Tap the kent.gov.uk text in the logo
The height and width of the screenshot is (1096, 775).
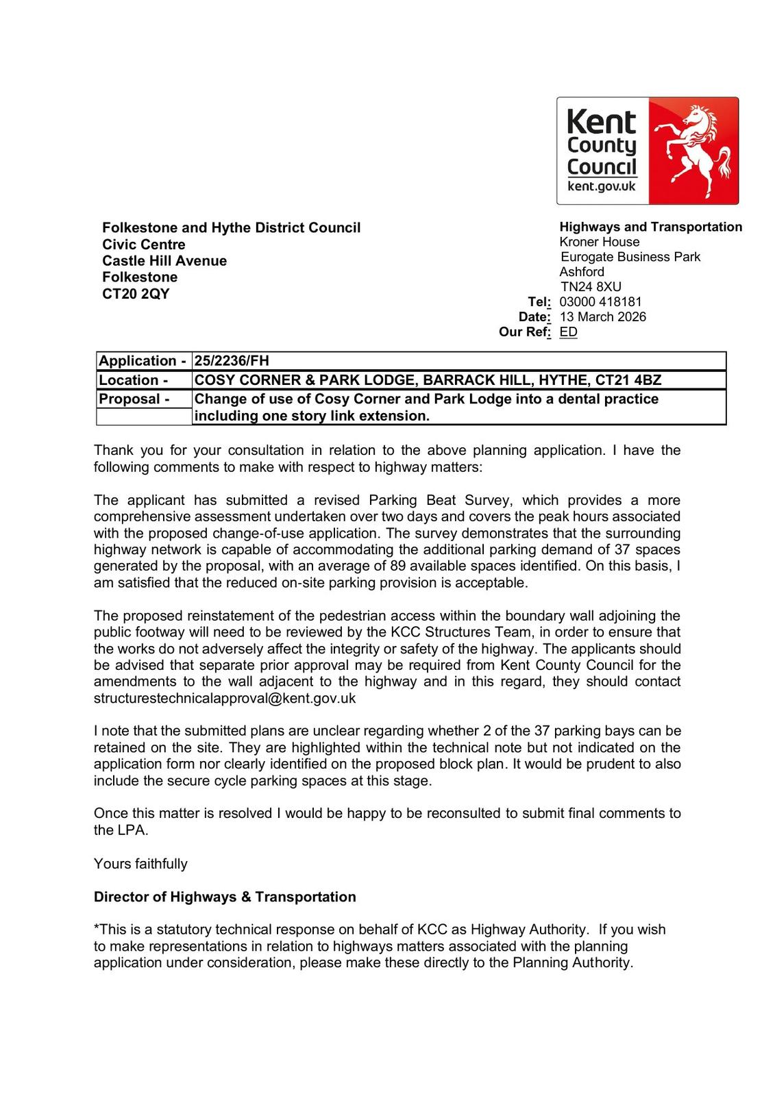coord(602,186)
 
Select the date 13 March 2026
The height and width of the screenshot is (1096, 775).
coord(602,316)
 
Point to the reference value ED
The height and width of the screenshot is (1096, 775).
coord(568,332)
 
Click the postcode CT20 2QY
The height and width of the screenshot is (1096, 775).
coord(136,294)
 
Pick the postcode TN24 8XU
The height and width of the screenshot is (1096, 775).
coord(591,287)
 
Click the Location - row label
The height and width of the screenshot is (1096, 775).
coord(134,380)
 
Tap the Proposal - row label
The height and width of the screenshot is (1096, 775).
coord(134,399)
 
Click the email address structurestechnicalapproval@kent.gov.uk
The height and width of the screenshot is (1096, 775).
coord(225,699)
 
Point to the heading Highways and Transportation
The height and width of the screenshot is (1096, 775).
coord(650,227)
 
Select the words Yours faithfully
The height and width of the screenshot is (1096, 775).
coord(140,864)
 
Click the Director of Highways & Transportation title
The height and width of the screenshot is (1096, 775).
coord(225,897)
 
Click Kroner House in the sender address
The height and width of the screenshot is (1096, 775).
coord(600,242)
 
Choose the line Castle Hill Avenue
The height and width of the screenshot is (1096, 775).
coord(164,261)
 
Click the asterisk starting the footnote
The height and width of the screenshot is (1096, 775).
coord(97,928)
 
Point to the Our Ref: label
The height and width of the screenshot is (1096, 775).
coord(524,332)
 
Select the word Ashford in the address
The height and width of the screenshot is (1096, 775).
coord(582,272)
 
